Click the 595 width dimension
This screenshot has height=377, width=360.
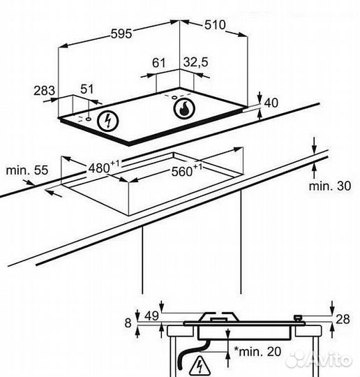pyautogui.click(x=121, y=34)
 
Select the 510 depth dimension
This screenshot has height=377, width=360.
pyautogui.click(x=215, y=25)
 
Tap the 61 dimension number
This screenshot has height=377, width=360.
pyautogui.click(x=159, y=63)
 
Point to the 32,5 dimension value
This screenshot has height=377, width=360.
pyautogui.click(x=195, y=62)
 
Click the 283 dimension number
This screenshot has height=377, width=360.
pyautogui.click(x=44, y=91)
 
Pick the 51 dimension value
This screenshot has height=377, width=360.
pyautogui.click(x=87, y=89)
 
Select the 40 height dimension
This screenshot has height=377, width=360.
pyautogui.click(x=271, y=103)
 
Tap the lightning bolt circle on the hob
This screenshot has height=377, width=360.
pyautogui.click(x=107, y=121)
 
